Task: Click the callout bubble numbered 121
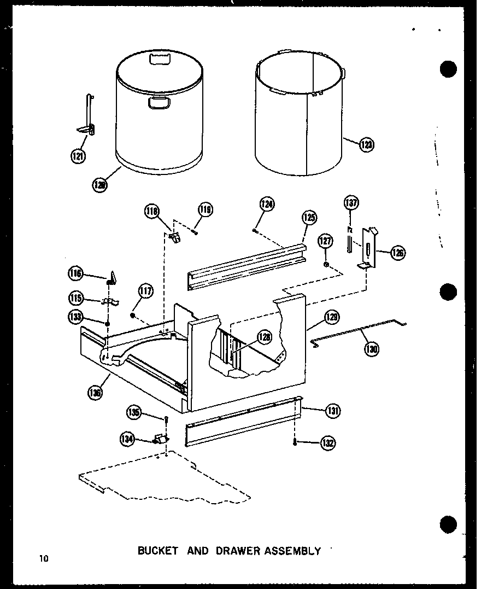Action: click(x=78, y=156)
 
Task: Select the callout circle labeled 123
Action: click(x=367, y=145)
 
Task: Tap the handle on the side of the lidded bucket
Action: click(x=159, y=102)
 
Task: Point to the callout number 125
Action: click(x=308, y=218)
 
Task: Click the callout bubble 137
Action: click(x=350, y=203)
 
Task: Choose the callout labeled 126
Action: click(x=397, y=253)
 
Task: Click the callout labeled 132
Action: click(x=328, y=442)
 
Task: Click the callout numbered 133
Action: click(x=75, y=316)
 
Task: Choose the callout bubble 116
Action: click(x=75, y=272)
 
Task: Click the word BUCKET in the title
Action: click(x=157, y=551)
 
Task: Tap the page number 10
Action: click(x=44, y=558)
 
